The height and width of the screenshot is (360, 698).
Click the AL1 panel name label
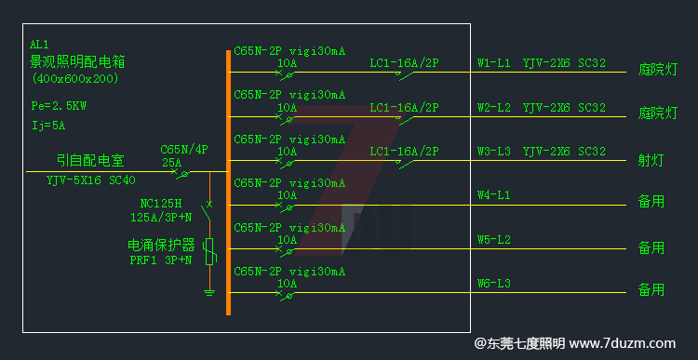(39, 45)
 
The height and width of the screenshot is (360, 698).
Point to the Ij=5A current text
(48, 124)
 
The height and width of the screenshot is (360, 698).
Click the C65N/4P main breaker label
(184, 149)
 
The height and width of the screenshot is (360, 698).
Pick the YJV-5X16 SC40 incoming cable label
(90, 180)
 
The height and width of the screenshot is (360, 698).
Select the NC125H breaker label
(160, 203)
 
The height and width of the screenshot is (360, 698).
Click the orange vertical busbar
(228, 181)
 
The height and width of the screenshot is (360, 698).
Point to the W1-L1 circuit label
(493, 63)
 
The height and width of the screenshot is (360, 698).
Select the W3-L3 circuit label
(493, 151)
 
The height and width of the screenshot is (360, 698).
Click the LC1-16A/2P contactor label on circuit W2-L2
(404, 107)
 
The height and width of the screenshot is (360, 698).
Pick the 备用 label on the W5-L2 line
(651, 247)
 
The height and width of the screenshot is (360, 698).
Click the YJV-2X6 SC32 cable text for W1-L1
(564, 63)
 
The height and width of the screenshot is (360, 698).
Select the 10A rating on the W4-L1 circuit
(288, 195)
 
